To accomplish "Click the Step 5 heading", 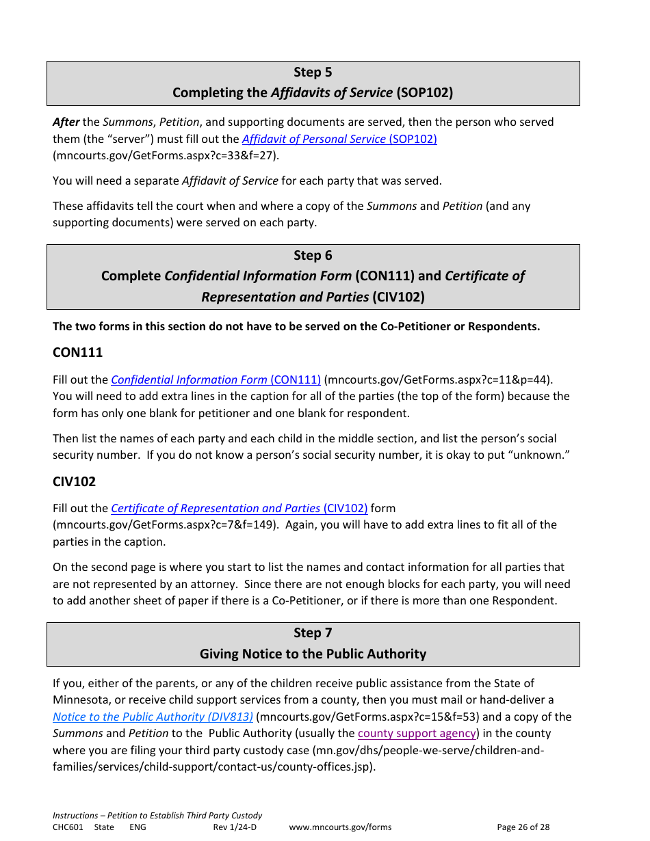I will pos(313,72).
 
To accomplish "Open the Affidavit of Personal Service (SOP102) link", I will pos(339,139).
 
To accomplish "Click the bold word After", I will pos(66,122).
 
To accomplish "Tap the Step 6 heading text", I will pos(313,256).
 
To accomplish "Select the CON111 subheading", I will pos(77,353).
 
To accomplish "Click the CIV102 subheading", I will pos(74,481).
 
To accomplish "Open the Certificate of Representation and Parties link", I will pos(239,508).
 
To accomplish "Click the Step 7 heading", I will pos(313,633).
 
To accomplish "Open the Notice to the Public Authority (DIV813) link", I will pos(153,717).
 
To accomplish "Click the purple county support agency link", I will pos(417,733).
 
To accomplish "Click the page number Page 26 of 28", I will pos(523,827).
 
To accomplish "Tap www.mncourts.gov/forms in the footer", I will pos(340,827).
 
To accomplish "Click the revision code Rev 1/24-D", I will pos(235,827).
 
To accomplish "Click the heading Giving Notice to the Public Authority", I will pos(313,654).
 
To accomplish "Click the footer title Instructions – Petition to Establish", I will pos(157,816).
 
